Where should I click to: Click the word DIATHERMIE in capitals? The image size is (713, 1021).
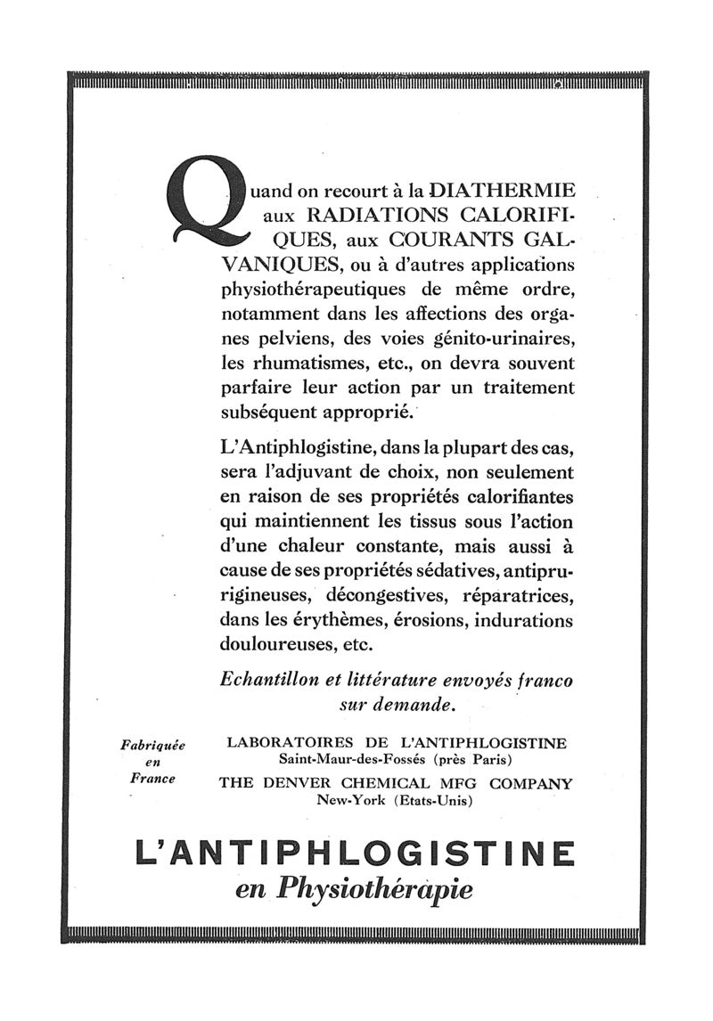[504, 190]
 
